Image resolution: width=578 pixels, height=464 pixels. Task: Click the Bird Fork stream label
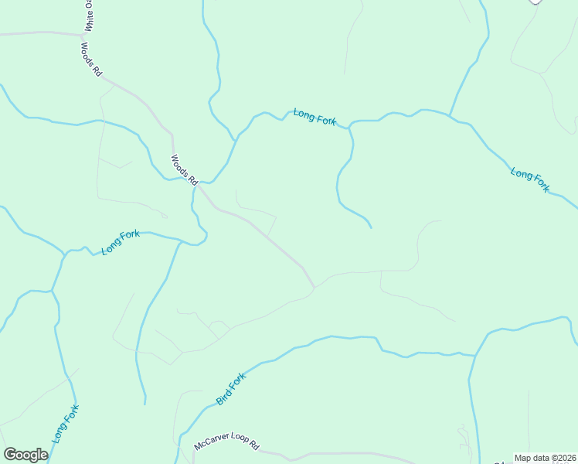click(230, 389)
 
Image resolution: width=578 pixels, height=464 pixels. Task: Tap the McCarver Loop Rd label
click(226, 446)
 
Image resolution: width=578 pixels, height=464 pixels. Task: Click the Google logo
click(25, 455)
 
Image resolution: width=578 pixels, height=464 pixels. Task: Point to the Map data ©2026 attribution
click(544, 458)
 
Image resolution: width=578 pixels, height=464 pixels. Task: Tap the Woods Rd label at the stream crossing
click(184, 170)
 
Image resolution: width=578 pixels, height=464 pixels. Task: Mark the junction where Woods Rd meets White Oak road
click(83, 35)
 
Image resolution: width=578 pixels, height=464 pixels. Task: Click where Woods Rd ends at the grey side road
click(314, 287)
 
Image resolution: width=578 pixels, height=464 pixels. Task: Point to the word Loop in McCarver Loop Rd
click(237, 447)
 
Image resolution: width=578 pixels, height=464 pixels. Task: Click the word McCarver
click(210, 445)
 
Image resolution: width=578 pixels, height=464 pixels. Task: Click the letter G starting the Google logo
click(10, 455)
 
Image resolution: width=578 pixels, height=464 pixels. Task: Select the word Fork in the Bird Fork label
click(236, 382)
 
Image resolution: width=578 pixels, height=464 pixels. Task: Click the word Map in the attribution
click(523, 458)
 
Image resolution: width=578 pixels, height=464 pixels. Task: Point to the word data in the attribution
click(540, 458)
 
